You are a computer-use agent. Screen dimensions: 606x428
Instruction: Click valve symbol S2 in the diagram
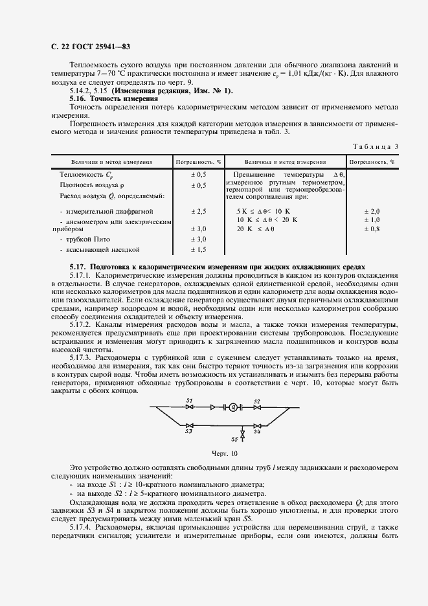pos(256,407)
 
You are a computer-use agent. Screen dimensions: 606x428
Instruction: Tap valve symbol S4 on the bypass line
pos(256,425)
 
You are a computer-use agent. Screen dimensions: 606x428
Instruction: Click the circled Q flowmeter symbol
pos(232,407)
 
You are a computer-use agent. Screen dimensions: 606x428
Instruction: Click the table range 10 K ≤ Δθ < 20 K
pos(267,219)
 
